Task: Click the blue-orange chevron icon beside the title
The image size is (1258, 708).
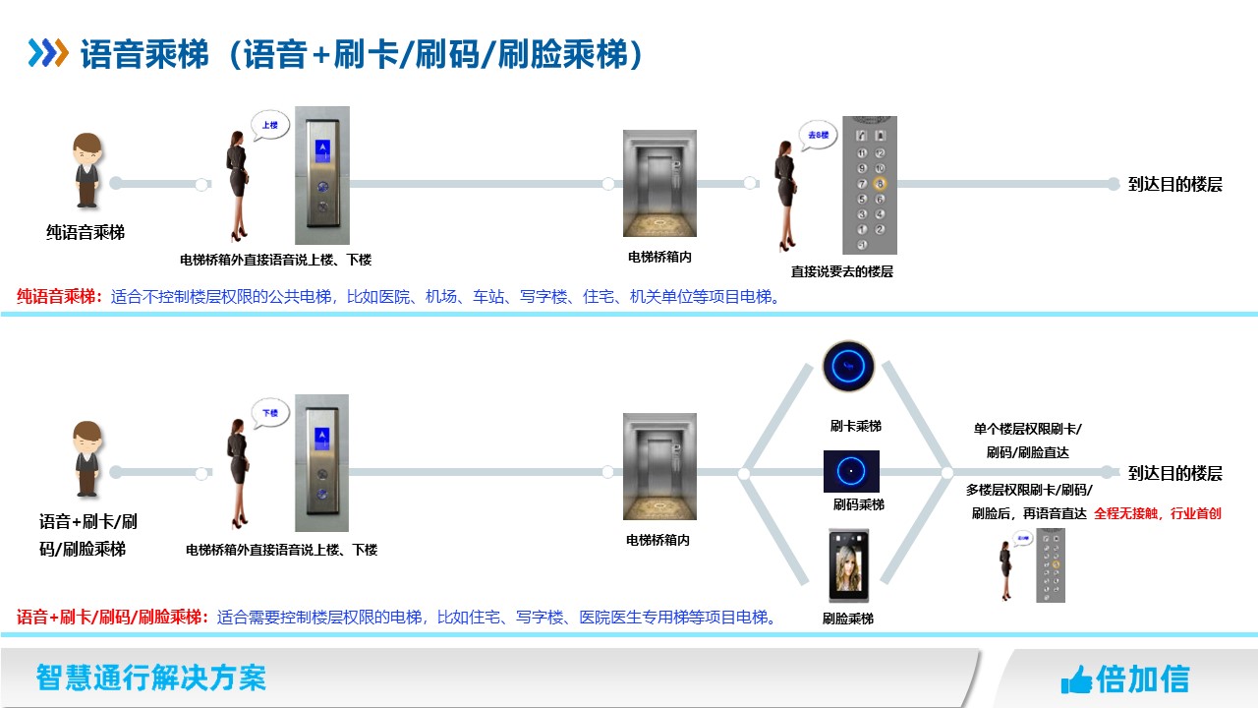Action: pyautogui.click(x=48, y=53)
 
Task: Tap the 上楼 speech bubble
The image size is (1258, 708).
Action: pyautogui.click(x=269, y=126)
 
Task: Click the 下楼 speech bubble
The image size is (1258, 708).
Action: pyautogui.click(x=269, y=413)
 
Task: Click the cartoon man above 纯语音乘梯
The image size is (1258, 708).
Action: pyautogui.click(x=86, y=170)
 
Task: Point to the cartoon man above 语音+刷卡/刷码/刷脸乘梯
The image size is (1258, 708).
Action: pyautogui.click(x=87, y=458)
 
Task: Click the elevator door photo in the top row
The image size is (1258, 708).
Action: pyautogui.click(x=659, y=184)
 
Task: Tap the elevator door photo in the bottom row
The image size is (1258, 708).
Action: pyautogui.click(x=659, y=466)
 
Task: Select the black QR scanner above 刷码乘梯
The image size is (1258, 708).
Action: pyautogui.click(x=851, y=472)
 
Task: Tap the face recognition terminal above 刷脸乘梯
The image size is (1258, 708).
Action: pyautogui.click(x=849, y=565)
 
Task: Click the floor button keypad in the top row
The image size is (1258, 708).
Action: pyautogui.click(x=870, y=185)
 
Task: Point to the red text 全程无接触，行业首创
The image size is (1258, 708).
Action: pyautogui.click(x=1157, y=513)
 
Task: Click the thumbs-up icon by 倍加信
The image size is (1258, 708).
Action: pyautogui.click(x=1076, y=678)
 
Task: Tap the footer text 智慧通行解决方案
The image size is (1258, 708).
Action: pyautogui.click(x=150, y=678)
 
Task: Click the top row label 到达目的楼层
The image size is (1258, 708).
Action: pyautogui.click(x=1174, y=184)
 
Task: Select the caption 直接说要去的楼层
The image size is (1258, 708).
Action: pyautogui.click(x=842, y=271)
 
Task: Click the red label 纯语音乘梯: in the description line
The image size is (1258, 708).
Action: pyautogui.click(x=60, y=296)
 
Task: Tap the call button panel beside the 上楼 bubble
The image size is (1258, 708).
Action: pyautogui.click(x=322, y=175)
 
